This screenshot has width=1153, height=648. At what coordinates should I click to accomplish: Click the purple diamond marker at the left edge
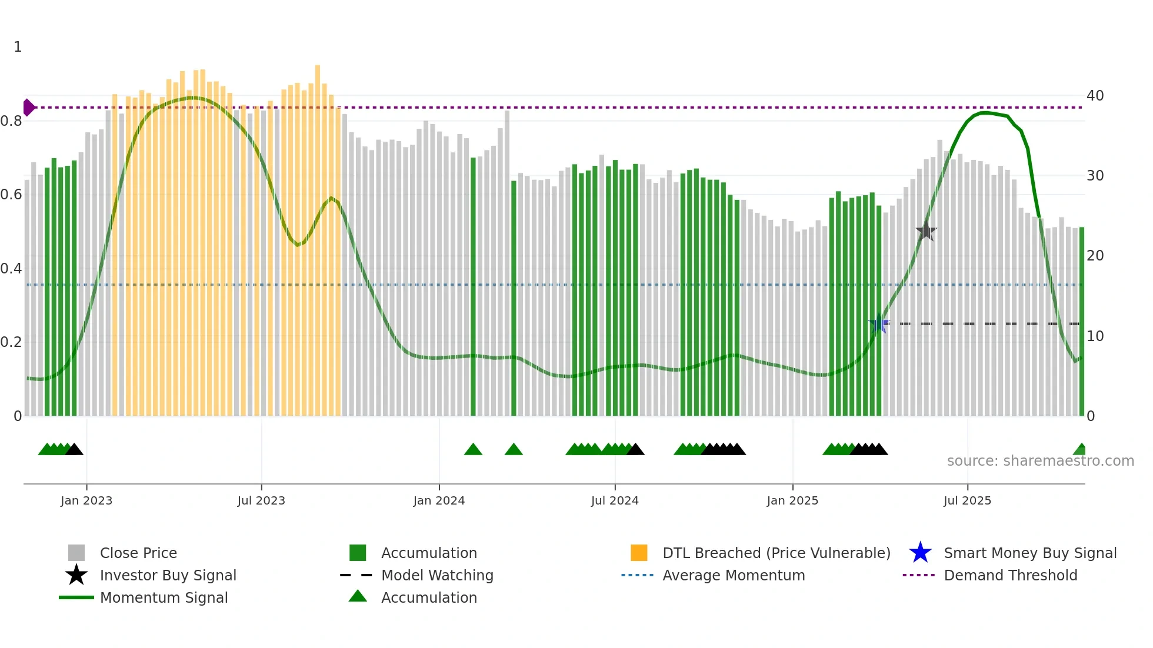(28, 108)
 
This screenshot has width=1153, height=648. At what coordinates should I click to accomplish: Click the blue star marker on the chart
(879, 323)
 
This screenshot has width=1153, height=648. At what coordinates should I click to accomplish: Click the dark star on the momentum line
(926, 231)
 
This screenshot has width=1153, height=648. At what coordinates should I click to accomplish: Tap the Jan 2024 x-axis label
(439, 500)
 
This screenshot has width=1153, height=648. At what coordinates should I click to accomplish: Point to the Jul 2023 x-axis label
(261, 500)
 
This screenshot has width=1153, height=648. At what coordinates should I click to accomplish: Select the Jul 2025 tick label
(967, 500)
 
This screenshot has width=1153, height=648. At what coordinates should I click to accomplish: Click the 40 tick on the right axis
(1095, 95)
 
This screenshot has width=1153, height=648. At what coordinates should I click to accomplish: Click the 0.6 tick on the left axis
(12, 195)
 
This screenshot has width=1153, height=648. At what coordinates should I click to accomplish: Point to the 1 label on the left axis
(18, 47)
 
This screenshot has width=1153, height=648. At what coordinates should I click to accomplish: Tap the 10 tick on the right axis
(1095, 336)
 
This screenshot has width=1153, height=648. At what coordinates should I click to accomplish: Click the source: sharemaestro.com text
(1040, 460)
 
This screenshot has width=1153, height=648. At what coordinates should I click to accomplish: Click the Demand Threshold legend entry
(1010, 575)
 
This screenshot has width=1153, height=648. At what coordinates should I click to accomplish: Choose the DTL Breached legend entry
(776, 553)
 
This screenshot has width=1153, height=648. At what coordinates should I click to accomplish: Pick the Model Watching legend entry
(436, 575)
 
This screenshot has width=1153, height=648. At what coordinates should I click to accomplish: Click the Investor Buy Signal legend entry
(168, 575)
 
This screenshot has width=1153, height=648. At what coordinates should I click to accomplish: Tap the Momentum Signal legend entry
(164, 597)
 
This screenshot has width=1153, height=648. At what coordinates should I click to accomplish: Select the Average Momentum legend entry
(733, 575)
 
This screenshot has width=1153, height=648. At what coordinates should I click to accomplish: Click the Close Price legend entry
(138, 553)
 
